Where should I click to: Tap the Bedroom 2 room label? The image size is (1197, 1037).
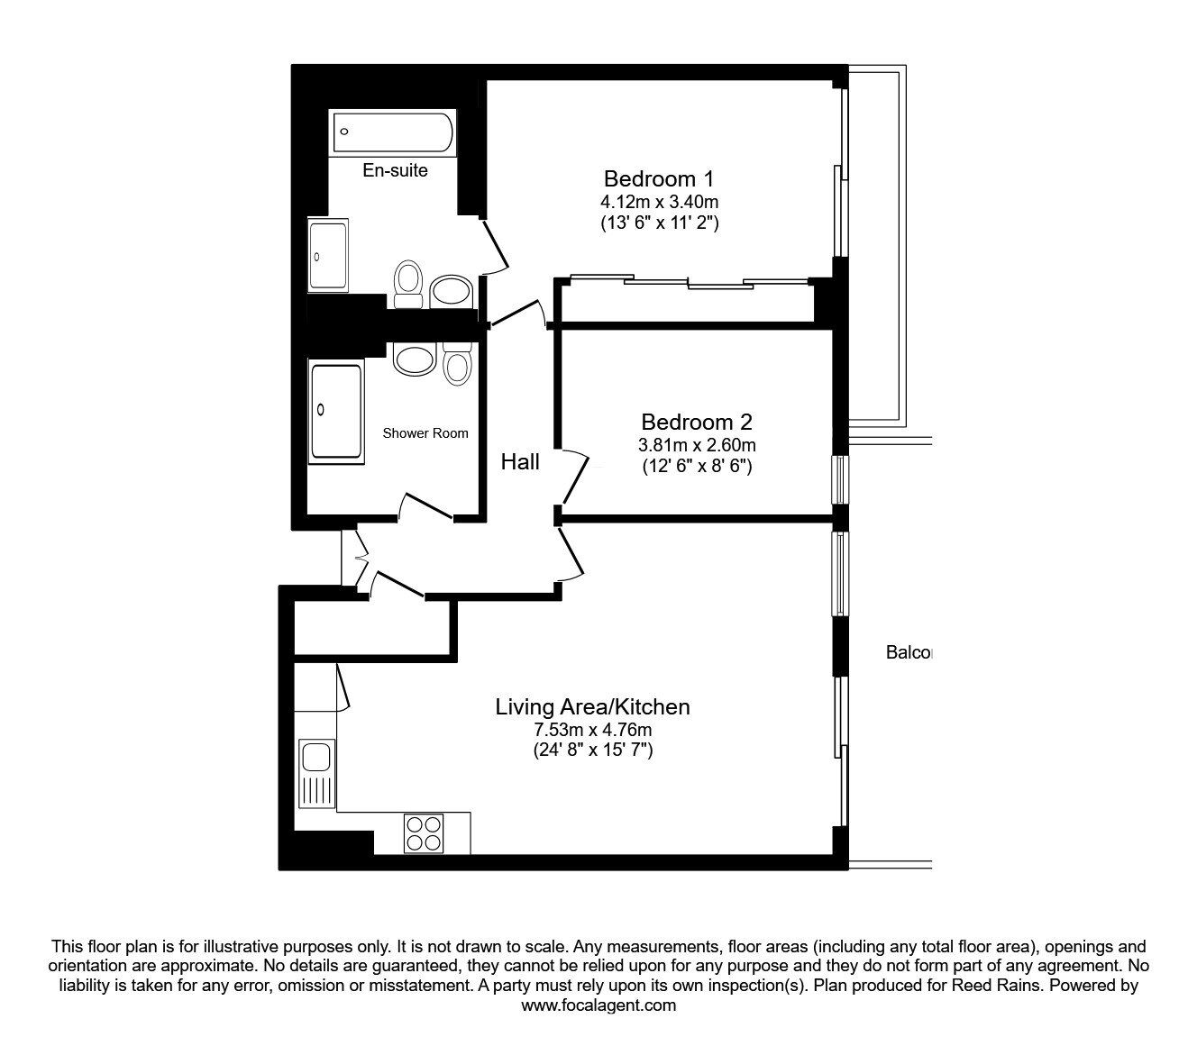[x=697, y=422]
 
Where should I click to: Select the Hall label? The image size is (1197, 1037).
[x=520, y=462]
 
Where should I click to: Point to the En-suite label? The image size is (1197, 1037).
[x=395, y=170]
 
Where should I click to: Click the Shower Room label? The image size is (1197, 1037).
[x=425, y=433]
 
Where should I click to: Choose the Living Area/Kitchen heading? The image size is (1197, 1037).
[x=592, y=707]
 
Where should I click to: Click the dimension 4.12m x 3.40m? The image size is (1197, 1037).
[x=659, y=202]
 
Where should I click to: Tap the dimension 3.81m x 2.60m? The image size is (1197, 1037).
[x=697, y=445]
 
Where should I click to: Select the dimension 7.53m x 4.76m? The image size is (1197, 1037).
[x=592, y=730]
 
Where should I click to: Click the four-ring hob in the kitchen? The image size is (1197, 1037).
[x=424, y=833]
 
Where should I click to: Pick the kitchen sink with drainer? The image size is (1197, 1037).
[x=316, y=774]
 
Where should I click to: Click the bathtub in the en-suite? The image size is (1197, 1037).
[x=393, y=132]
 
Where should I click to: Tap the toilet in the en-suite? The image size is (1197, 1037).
[x=407, y=284]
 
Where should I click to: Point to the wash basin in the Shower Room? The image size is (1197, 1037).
[x=414, y=359]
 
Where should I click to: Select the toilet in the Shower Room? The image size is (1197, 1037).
[x=458, y=364]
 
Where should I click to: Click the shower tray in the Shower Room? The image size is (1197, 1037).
[x=336, y=412]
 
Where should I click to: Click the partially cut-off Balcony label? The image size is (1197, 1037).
[x=908, y=652]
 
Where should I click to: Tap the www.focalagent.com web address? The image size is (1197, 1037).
[x=598, y=1005]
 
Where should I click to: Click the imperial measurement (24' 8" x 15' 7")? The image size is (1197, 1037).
[x=593, y=750]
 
